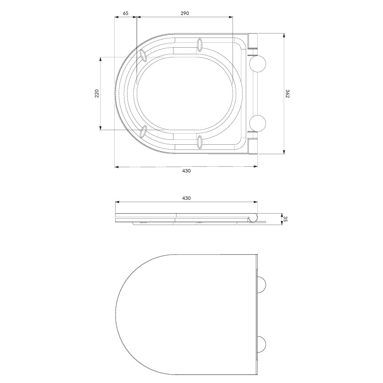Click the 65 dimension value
coord(125,13)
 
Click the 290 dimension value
coord(184,13)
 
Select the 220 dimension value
coord(97,93)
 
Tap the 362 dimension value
coord(288,94)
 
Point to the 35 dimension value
coord(286,219)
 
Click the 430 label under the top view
coord(186,171)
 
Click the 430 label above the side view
coord(186,199)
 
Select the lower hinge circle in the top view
coord(258,123)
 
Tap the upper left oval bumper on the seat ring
coord(143,55)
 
